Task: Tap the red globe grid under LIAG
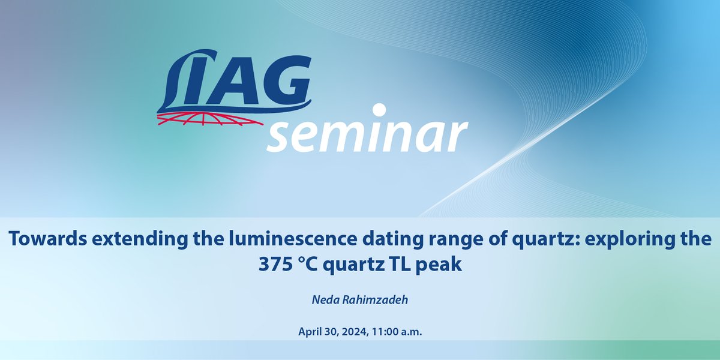(x=210, y=119)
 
